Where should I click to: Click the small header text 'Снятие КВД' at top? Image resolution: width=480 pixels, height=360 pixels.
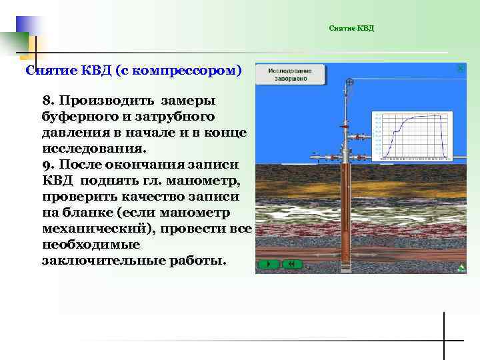[351, 28]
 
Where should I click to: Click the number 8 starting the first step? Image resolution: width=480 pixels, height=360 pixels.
[46, 101]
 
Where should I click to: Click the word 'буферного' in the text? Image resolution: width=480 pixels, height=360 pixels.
[75, 116]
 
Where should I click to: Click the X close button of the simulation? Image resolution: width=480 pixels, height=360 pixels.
[460, 69]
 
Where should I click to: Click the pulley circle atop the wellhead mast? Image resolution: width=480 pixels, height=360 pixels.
[349, 82]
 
